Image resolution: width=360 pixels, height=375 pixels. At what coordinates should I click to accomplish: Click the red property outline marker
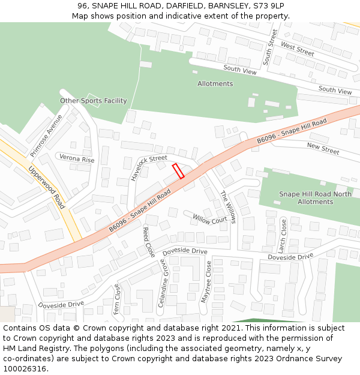pos(178,171)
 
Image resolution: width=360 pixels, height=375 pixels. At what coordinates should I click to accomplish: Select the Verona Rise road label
pos(77,160)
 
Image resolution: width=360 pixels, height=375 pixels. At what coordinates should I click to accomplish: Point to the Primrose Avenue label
pos(46,135)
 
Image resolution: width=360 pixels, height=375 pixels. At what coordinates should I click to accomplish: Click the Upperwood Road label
pos(47,187)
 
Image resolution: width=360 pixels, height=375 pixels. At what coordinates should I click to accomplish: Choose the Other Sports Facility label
pos(94,101)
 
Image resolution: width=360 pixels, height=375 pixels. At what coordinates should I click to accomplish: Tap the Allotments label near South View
pos(215,84)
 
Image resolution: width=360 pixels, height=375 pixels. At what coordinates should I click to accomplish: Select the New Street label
pos(323,148)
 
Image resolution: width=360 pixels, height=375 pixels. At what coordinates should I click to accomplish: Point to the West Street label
pos(298,50)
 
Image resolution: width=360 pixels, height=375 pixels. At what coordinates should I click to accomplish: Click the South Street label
pos(270,47)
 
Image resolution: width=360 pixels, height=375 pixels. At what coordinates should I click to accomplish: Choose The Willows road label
pos(228,208)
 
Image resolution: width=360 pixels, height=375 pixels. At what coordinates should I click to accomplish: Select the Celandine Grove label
pos(163,283)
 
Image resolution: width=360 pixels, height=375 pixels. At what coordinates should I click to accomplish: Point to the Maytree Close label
pos(206,281)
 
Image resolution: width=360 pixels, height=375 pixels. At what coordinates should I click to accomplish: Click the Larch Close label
pos(282,236)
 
